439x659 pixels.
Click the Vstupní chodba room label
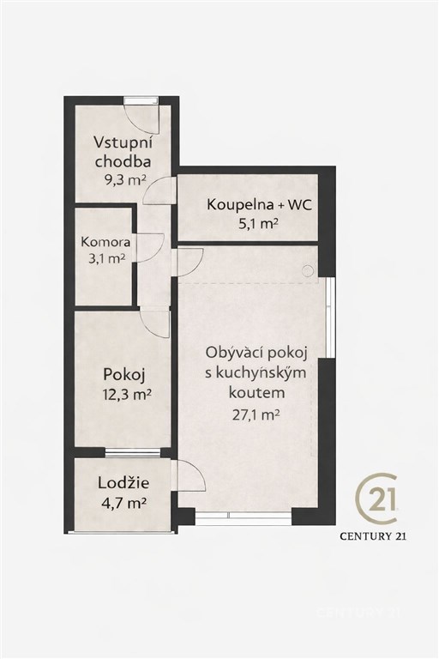click(x=123, y=151)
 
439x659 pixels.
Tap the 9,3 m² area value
click(x=125, y=180)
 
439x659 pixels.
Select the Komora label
click(x=105, y=242)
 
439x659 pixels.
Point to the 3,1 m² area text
click(x=106, y=258)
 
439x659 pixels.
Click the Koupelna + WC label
click(x=259, y=205)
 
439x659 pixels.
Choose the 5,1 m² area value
click(x=259, y=224)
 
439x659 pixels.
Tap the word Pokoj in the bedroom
click(x=124, y=374)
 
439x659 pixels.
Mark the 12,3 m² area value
click(x=127, y=395)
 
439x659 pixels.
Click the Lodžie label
click(x=123, y=483)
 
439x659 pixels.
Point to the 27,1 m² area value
click(x=256, y=415)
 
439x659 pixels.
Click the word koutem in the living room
click(x=256, y=393)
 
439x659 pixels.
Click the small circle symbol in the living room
click(x=309, y=271)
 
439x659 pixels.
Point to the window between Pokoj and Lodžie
click(x=132, y=453)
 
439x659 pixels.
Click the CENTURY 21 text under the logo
click(x=373, y=535)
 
